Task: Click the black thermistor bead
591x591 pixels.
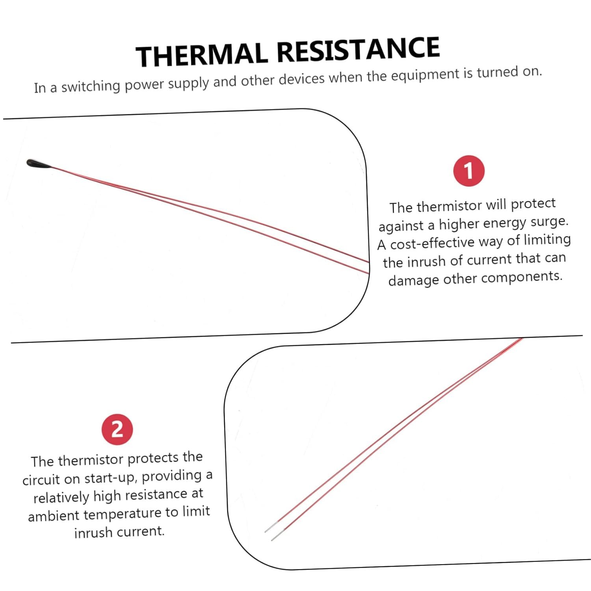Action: click(x=39, y=163)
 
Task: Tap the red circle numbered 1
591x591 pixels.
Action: click(x=468, y=171)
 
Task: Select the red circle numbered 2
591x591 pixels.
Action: click(x=117, y=429)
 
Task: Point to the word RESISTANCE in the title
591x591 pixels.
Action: click(x=358, y=49)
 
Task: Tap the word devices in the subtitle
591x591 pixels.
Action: click(x=302, y=78)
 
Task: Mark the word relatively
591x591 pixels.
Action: click(x=61, y=498)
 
